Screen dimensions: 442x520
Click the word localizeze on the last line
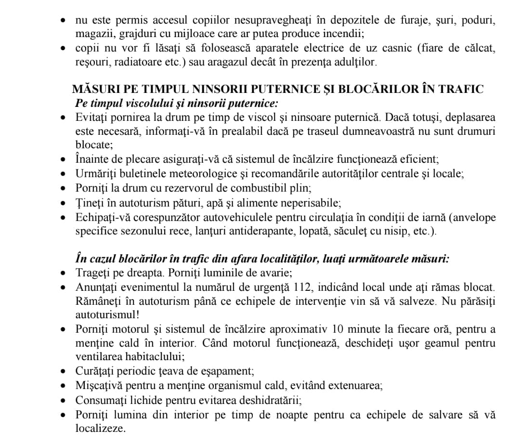(x=99, y=428)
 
